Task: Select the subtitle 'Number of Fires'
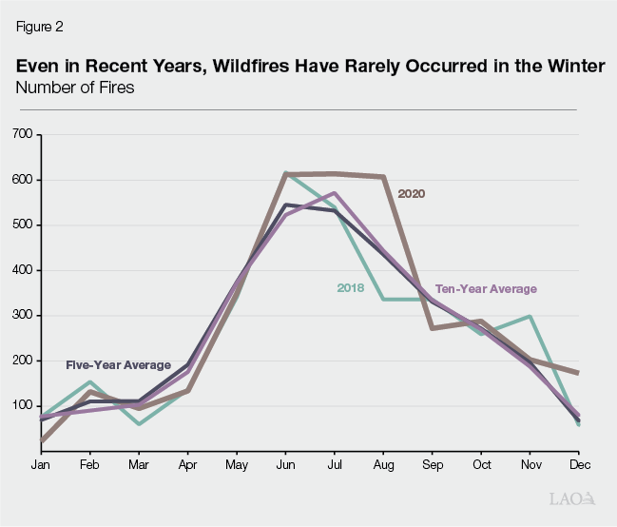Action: click(74, 88)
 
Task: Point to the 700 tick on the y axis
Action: click(22, 135)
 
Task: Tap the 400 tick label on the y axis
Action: click(22, 270)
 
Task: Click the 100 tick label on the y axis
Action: click(22, 406)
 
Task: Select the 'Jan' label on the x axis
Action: click(41, 464)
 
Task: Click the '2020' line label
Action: click(411, 193)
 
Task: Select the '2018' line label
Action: click(351, 287)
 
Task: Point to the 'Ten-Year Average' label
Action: click(486, 288)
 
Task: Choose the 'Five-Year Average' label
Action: click(118, 364)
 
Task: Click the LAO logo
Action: click(573, 498)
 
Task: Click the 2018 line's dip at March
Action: click(139, 423)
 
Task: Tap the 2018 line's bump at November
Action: click(530, 317)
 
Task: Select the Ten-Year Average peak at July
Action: click(334, 193)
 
